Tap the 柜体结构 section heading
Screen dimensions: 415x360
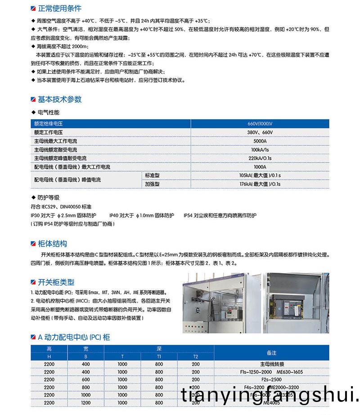pyautogui.click(x=53, y=244)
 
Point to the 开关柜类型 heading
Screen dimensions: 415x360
pyautogui.click(x=56, y=282)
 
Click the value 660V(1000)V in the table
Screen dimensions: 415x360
pyautogui.click(x=260, y=124)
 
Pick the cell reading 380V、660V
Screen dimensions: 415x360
pyautogui.click(x=260, y=132)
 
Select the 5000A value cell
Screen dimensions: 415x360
pyautogui.click(x=260, y=141)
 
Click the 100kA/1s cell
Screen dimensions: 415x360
pyautogui.click(x=260, y=149)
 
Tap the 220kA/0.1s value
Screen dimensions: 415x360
pyautogui.click(x=260, y=158)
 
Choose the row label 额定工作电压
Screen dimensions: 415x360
pyautogui.click(x=48, y=132)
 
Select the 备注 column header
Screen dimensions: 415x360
pyautogui.click(x=271, y=353)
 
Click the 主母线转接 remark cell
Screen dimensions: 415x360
pyautogui.click(x=272, y=364)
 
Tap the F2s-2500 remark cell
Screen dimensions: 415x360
pyautogui.click(x=272, y=379)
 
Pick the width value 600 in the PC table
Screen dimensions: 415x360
pyautogui.click(x=85, y=379)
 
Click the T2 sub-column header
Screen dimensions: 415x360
pyautogui.click(x=195, y=356)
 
